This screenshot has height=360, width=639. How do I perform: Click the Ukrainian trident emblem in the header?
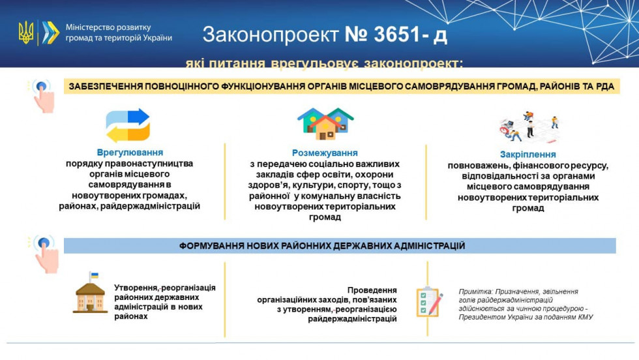pyautogui.click(x=26, y=33)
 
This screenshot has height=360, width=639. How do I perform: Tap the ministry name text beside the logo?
pyautogui.click(x=118, y=33)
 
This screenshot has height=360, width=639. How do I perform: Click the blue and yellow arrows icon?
pyautogui.click(x=128, y=125)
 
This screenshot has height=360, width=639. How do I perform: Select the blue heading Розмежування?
pyautogui.click(x=325, y=152)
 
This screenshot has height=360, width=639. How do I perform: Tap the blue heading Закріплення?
pyautogui.click(x=528, y=155)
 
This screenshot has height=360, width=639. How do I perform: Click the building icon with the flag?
pyautogui.click(x=91, y=293)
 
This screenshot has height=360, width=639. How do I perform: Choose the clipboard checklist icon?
pyautogui.click(x=430, y=302)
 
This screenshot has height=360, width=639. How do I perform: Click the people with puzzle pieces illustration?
pyautogui.click(x=529, y=128)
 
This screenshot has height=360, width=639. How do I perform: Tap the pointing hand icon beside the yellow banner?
pyautogui.click(x=43, y=95)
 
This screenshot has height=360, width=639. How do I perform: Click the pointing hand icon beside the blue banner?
pyautogui.click(x=45, y=252)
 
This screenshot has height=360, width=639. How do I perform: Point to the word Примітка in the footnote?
pyautogui.click(x=475, y=292)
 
